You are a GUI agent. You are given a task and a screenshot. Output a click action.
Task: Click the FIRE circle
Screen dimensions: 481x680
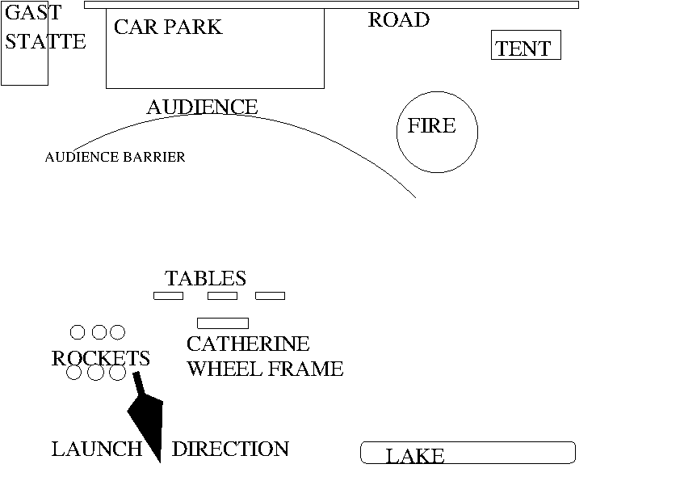(x=437, y=131)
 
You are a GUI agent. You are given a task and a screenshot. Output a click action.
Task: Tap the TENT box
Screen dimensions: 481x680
(x=525, y=46)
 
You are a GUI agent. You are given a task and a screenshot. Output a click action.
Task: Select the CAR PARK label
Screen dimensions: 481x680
(x=167, y=27)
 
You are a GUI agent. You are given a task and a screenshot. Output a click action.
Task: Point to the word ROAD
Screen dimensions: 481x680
(x=398, y=20)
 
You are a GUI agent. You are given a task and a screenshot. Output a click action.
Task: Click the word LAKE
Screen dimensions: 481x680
(x=415, y=457)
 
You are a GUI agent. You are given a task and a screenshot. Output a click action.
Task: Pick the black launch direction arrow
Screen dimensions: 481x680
(x=147, y=416)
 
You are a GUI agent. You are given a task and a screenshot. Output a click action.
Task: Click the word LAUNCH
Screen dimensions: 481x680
(x=96, y=449)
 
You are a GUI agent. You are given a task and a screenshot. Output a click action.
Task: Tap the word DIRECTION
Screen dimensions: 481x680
(x=230, y=449)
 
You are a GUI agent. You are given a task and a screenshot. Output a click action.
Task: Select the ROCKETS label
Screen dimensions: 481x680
(x=100, y=358)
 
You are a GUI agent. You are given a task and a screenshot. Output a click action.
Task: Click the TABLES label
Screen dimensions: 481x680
(x=205, y=279)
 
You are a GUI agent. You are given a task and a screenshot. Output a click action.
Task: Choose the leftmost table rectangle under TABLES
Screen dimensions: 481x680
(x=168, y=296)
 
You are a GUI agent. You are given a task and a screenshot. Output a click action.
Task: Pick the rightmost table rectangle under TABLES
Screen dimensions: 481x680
(x=270, y=296)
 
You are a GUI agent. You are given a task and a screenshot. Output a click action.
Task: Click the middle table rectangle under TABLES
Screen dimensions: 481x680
(x=222, y=296)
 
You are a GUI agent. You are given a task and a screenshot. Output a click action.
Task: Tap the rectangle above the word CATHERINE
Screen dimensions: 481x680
(x=222, y=323)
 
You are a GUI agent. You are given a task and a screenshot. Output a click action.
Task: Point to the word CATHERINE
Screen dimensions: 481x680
(x=247, y=344)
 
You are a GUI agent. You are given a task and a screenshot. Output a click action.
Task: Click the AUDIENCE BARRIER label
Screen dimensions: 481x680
(x=115, y=157)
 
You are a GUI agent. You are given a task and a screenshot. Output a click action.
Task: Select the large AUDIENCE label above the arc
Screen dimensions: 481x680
(x=202, y=107)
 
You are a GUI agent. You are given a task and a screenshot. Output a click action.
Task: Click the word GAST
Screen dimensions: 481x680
(x=32, y=13)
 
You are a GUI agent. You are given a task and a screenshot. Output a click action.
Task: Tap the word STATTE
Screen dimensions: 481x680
(x=45, y=41)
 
